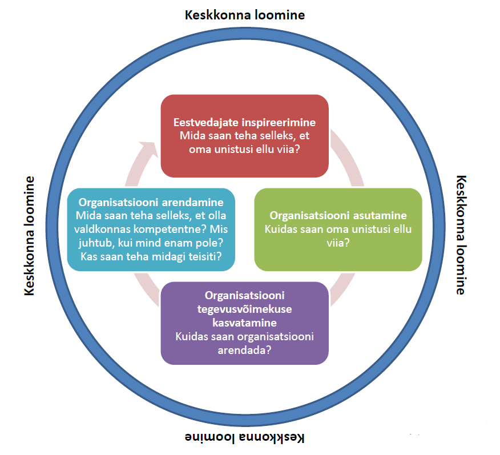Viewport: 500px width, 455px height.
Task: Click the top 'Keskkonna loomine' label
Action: pos(245,15)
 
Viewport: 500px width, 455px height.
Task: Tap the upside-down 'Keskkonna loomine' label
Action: pos(245,437)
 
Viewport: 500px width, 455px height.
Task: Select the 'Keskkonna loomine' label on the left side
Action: pos(29,236)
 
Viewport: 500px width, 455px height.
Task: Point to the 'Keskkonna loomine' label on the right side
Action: pos(461,235)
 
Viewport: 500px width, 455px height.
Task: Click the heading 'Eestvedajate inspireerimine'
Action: pos(245,122)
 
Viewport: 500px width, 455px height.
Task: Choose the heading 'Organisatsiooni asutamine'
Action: pos(338,216)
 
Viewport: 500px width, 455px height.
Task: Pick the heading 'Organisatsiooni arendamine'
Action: pos(151,202)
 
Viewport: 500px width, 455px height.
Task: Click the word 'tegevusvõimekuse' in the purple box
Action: pos(245,309)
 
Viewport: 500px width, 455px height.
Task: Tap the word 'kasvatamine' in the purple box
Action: pos(245,323)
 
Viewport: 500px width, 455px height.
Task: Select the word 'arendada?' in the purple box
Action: pos(245,350)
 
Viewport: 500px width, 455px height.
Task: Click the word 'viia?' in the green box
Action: pos(338,243)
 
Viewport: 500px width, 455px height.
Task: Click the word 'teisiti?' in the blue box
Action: pos(205,257)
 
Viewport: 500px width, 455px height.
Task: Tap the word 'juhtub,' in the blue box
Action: pos(96,243)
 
